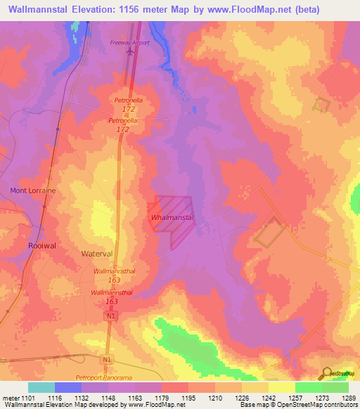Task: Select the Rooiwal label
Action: pos(41,245)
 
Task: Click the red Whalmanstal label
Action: pos(172,219)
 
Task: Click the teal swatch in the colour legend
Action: pos(41,387)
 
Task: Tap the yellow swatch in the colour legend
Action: pos(281,387)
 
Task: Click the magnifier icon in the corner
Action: pos(327,373)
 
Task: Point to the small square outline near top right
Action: pos(322,105)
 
